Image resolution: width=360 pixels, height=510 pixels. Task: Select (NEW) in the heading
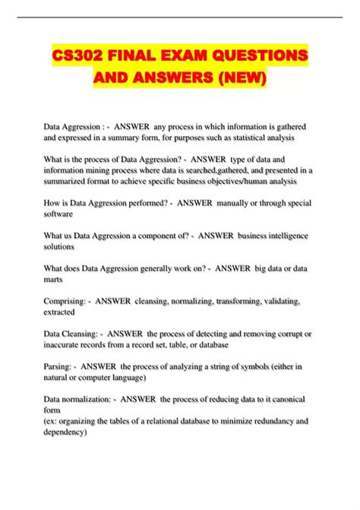(x=242, y=78)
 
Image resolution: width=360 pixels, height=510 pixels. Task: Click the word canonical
(x=288, y=398)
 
